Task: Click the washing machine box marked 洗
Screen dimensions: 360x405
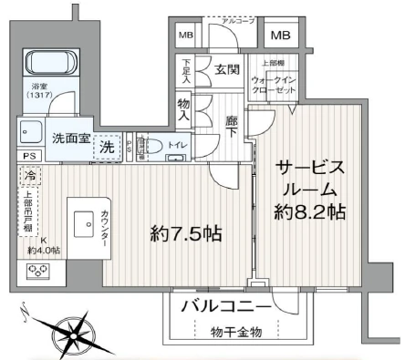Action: (x=108, y=146)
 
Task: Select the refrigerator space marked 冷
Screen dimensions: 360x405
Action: (x=31, y=176)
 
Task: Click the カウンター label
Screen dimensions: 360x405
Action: (x=108, y=223)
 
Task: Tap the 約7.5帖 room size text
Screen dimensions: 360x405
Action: (x=187, y=233)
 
